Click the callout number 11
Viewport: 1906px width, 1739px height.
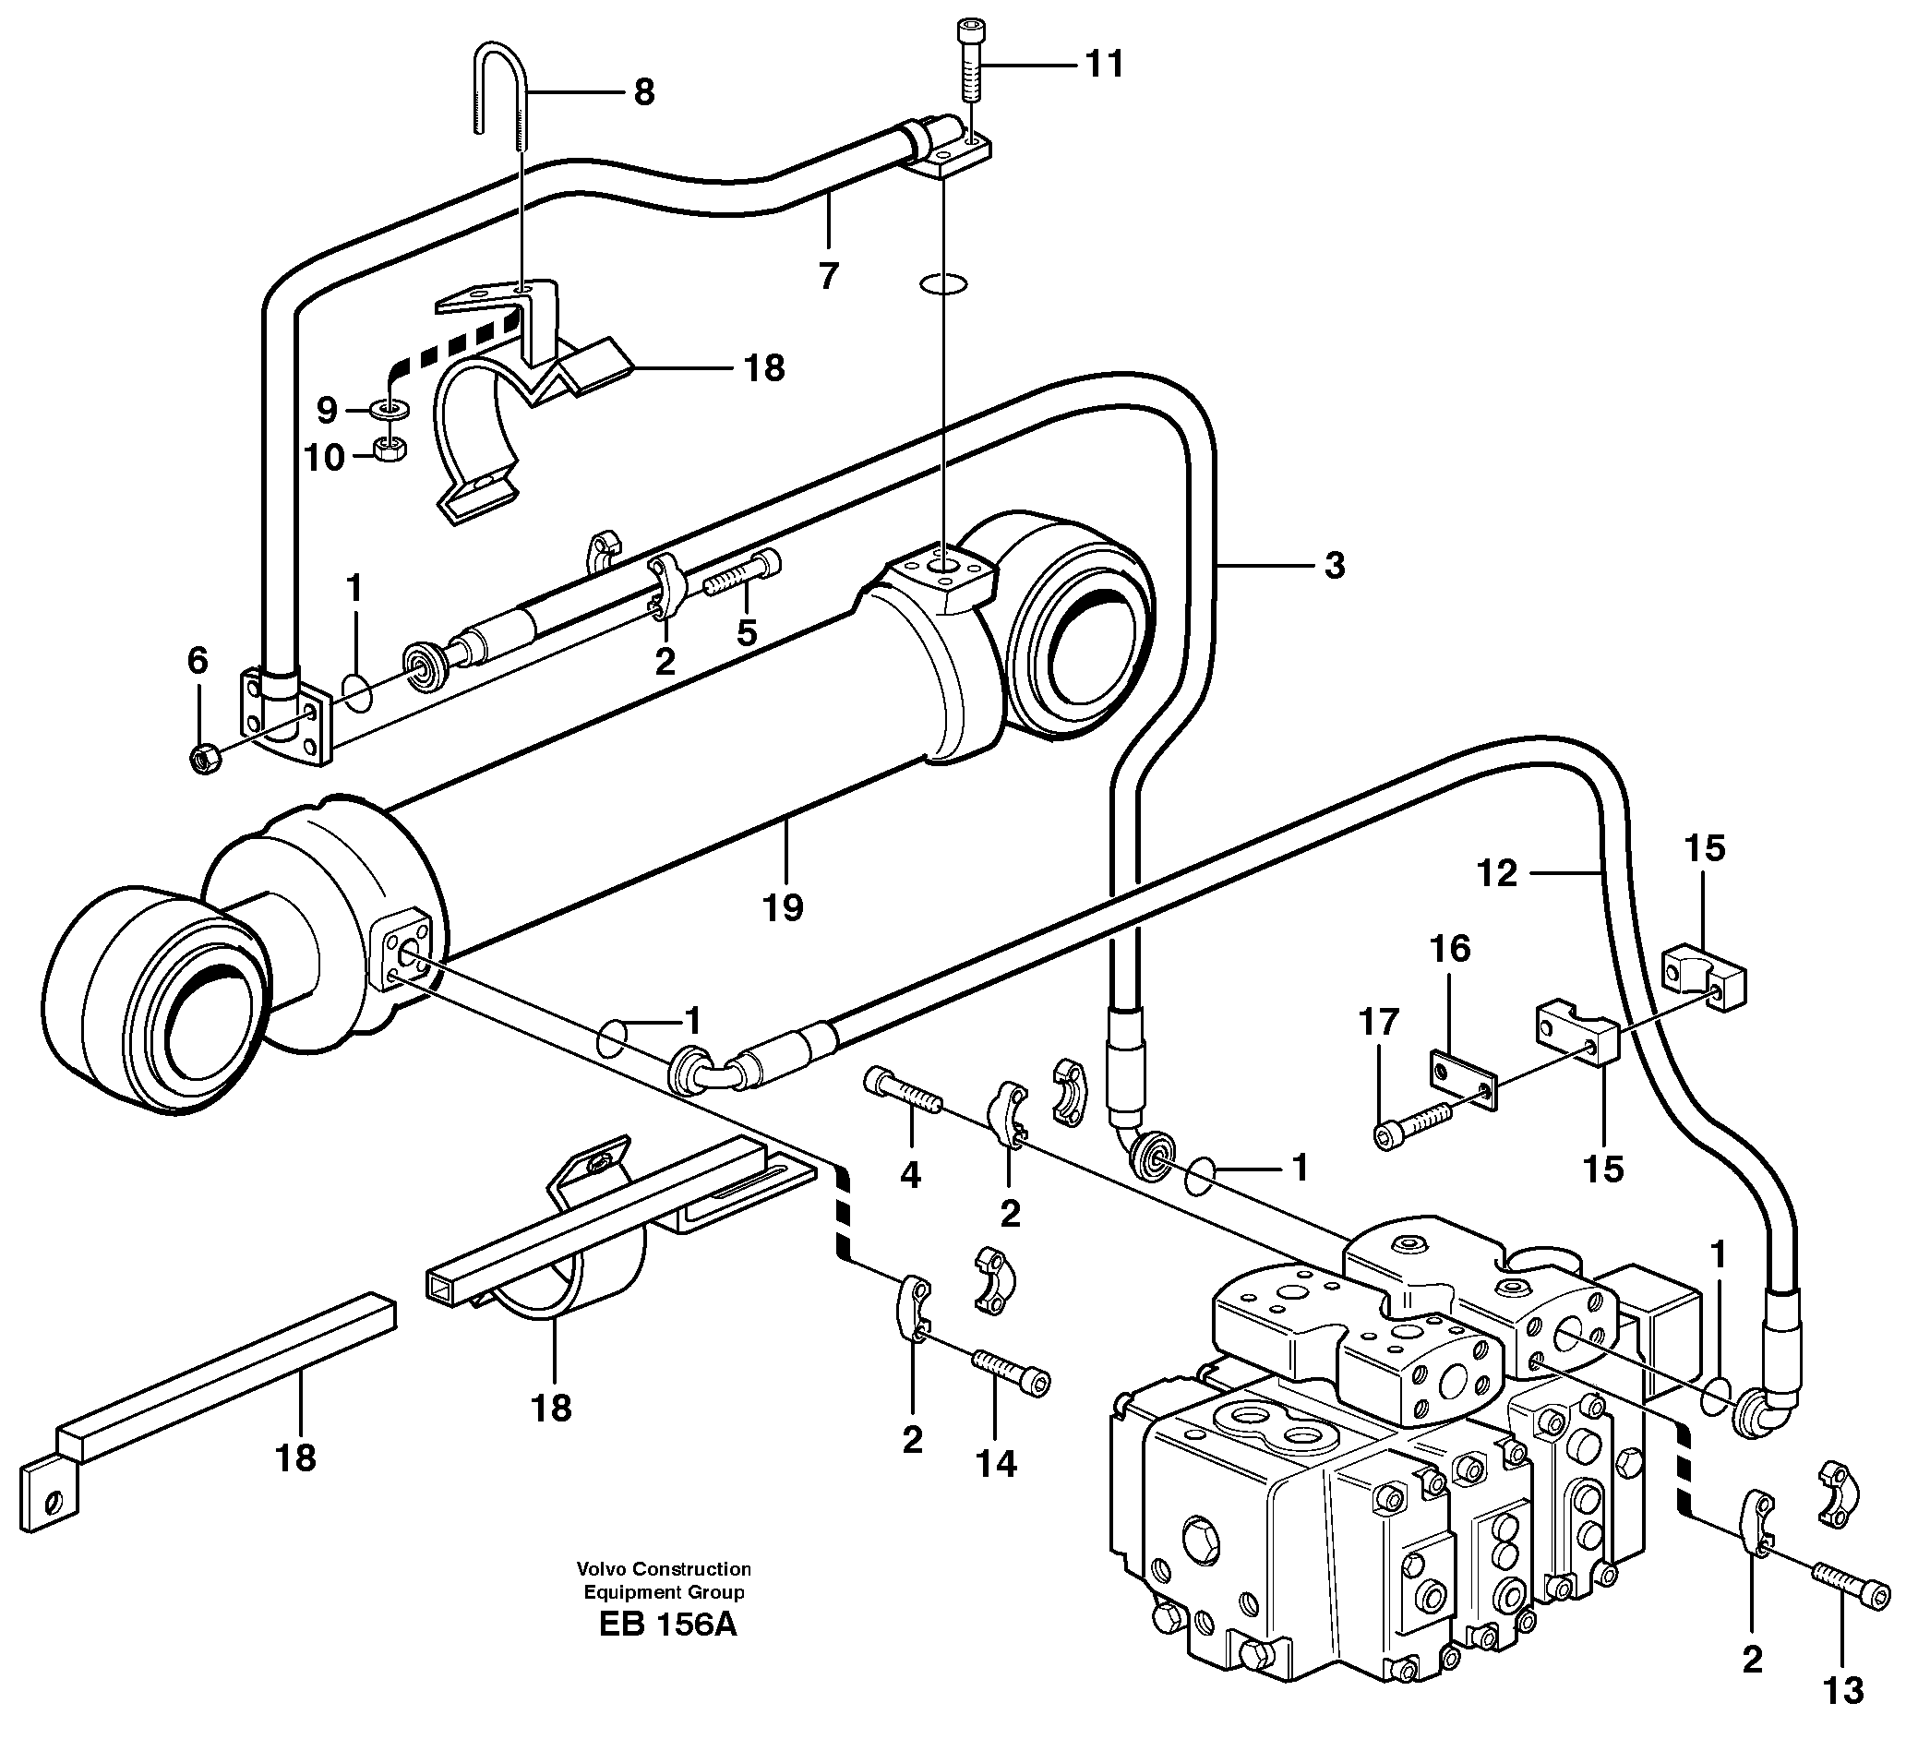(x=1103, y=65)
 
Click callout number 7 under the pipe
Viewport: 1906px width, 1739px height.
(x=828, y=276)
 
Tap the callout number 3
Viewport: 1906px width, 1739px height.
(x=1333, y=566)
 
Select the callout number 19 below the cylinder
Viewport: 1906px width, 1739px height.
(x=783, y=906)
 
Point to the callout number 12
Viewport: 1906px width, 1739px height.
(x=1497, y=872)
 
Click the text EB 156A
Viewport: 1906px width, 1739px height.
(x=666, y=1625)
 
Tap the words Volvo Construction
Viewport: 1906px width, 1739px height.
(x=665, y=1569)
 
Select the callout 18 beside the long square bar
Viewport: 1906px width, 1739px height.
(x=295, y=1457)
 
